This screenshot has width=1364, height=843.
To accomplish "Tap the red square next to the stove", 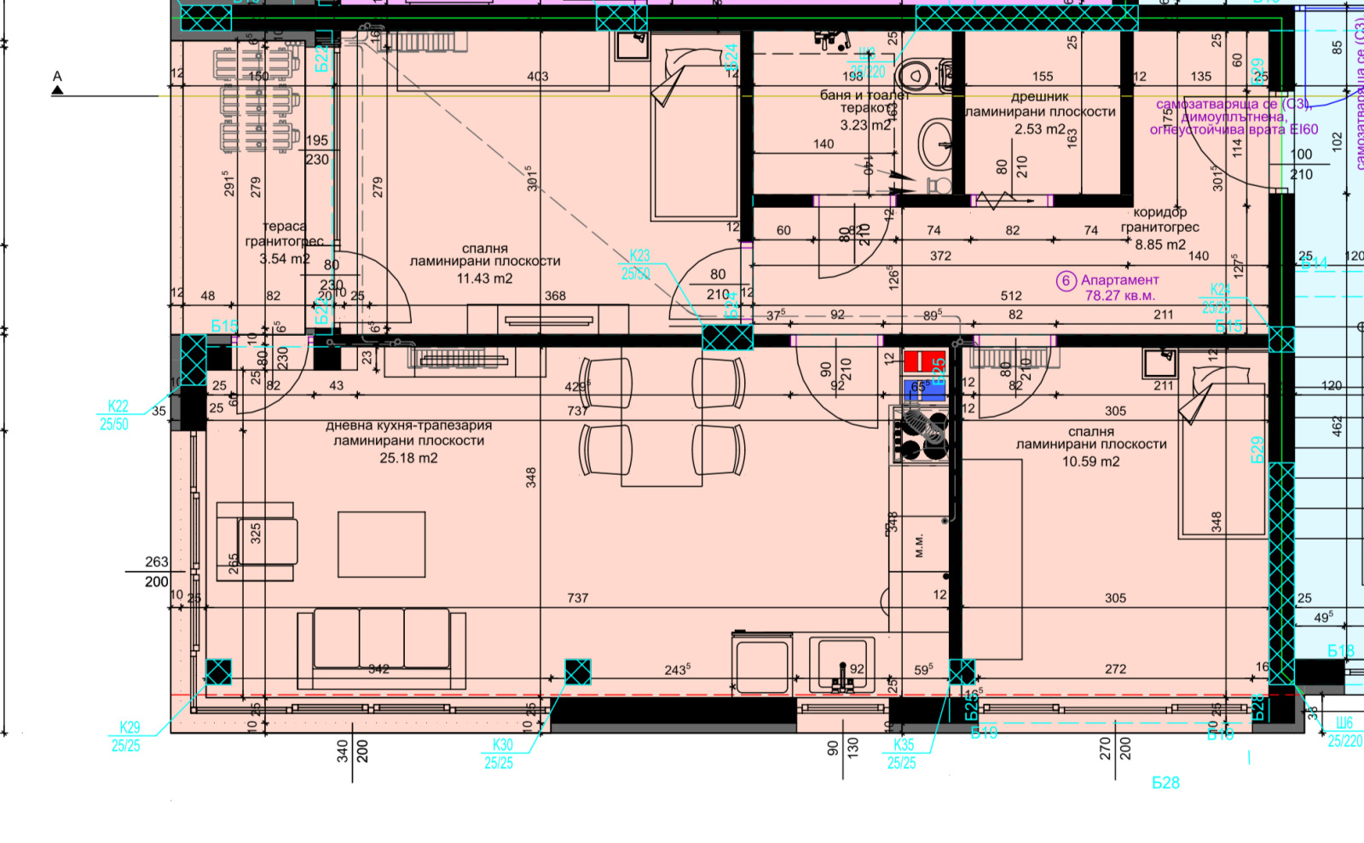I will (925, 361).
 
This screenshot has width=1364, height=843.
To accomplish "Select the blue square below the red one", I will (925, 390).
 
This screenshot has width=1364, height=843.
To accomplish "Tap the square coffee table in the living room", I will (381, 544).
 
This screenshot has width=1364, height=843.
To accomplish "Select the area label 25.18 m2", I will (408, 458).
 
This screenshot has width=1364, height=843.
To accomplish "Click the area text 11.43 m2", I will (484, 278).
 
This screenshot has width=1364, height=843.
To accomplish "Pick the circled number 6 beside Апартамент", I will (1066, 280).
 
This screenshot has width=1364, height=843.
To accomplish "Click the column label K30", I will (503, 744).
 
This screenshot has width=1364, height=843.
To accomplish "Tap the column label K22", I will (118, 407).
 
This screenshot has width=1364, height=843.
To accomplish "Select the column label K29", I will (130, 727).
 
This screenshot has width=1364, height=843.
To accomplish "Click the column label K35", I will (903, 744).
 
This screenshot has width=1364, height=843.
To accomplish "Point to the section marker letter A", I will (57, 77).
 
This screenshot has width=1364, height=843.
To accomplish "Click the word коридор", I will (1159, 212).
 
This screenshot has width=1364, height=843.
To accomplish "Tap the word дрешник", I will (1039, 96).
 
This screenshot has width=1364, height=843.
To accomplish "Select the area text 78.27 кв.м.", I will (1119, 296).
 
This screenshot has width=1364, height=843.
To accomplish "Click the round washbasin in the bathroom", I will (935, 142).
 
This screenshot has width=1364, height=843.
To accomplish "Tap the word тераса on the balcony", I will (284, 226).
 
